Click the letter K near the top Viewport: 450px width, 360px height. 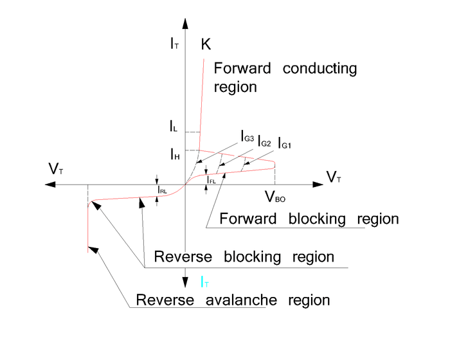(206, 44)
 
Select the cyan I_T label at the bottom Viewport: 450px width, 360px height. (204, 281)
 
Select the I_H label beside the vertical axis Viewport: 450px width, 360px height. (174, 154)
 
